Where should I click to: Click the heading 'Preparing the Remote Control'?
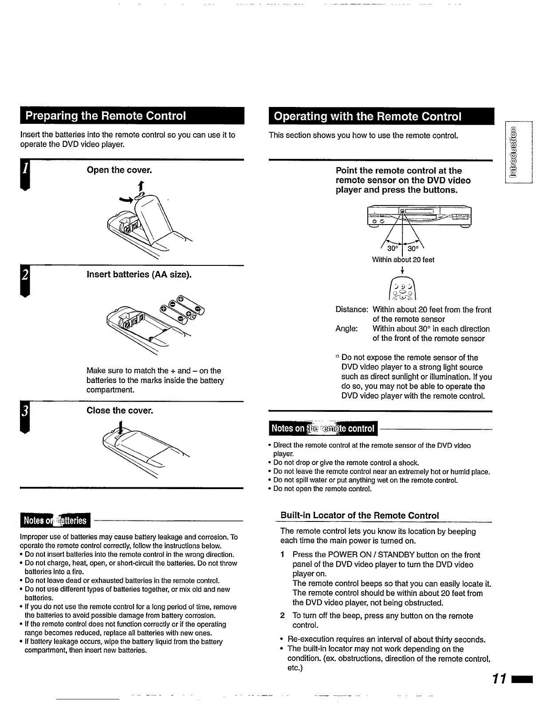(x=106, y=116)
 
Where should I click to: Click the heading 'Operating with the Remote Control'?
(x=368, y=116)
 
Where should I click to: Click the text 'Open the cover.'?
(x=119, y=170)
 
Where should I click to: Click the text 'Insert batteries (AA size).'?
(x=139, y=274)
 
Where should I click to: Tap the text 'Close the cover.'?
(x=120, y=411)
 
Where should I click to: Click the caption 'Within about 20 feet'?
(x=403, y=260)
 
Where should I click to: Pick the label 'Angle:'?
(x=347, y=329)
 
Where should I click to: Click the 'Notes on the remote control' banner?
(x=323, y=428)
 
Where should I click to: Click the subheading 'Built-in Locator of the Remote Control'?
(x=359, y=515)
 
